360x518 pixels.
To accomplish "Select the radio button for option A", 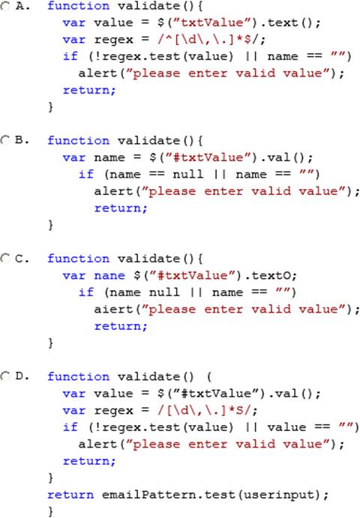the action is [x=5, y=5].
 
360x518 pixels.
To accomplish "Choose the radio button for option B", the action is [x=5, y=140].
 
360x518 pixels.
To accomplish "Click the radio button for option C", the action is [x=5, y=258].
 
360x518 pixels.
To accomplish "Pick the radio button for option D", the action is [x=5, y=376].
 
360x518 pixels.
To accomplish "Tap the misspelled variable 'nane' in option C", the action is [x=109, y=275].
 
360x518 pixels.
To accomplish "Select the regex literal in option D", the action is [x=207, y=410].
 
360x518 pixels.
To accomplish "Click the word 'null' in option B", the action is [x=187, y=174].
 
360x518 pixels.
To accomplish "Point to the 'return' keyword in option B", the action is [x=120, y=208].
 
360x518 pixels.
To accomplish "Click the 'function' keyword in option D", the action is [x=78, y=376].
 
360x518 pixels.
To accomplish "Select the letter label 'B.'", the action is [x=22, y=140].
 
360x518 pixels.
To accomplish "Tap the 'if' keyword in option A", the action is [x=70, y=55].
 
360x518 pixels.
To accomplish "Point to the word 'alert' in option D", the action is [x=97, y=444].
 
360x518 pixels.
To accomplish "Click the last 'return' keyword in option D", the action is [x=70, y=495].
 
